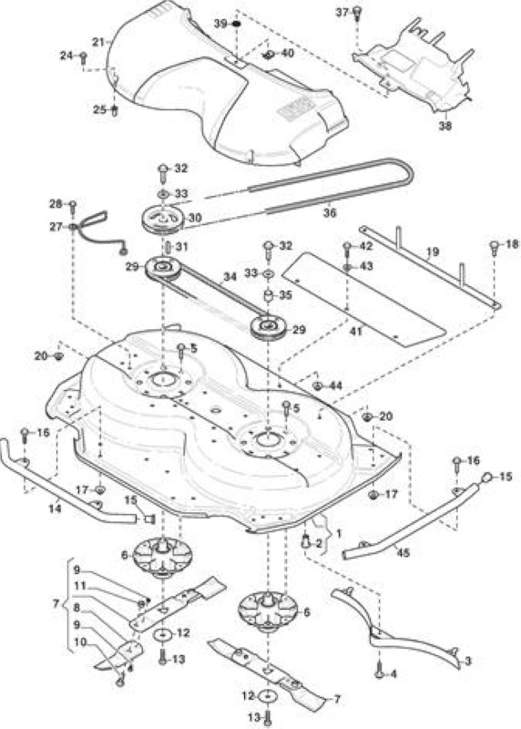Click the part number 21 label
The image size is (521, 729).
coord(98,42)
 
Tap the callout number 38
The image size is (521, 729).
coord(444,126)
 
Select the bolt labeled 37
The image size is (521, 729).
coord(357,14)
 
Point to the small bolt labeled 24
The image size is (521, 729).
coord(83,57)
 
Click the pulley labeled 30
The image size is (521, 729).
coord(163,219)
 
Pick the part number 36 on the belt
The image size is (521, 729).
coord(329,213)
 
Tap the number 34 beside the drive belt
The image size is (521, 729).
coord(230,277)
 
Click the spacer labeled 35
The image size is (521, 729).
coord(269,296)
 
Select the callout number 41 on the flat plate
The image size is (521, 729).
coord(355,331)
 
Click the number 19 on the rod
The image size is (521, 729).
coord(433,252)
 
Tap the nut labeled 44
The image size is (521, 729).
coord(317,385)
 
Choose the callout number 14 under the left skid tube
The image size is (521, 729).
coord(55,508)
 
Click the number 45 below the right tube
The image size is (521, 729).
coord(404,553)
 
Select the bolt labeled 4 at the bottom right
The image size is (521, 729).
coord(380,673)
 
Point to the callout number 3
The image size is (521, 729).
coord(467,661)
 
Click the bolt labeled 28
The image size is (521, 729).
coord(72,206)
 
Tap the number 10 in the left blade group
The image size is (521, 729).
coord(80,642)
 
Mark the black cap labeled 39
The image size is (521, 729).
coord(236,24)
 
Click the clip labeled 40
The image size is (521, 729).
coord(268,56)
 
